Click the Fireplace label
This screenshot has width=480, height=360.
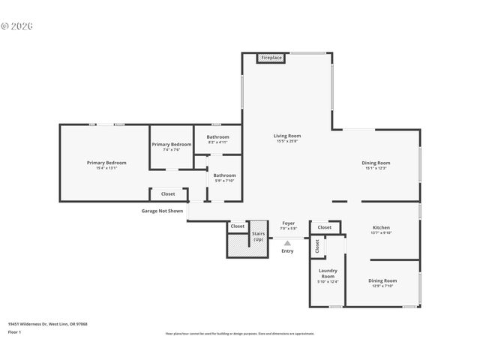[x=271, y=58]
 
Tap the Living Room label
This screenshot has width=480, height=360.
[x=287, y=138]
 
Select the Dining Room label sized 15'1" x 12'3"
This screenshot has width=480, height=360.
[x=376, y=165]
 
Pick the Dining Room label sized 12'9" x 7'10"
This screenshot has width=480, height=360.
[x=382, y=283]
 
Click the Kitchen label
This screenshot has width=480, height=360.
[x=381, y=229]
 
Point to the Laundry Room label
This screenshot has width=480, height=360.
[x=328, y=275]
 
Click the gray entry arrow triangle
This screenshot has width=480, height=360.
[x=287, y=242]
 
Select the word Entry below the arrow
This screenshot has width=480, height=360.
[x=287, y=250]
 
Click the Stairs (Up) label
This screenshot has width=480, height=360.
[x=258, y=235]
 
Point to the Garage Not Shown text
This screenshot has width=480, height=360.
[x=162, y=211]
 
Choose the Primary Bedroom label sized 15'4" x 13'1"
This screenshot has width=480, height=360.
[x=106, y=165]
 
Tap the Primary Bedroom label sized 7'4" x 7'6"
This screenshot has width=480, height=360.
[x=172, y=146]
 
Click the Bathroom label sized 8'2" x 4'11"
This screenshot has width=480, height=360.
[x=217, y=139]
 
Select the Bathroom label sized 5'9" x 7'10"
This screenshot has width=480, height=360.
[x=224, y=178]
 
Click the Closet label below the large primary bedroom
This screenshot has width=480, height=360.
[x=168, y=193]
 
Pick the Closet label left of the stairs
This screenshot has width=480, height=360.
[x=237, y=226]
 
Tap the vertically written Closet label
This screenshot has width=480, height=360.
[x=316, y=245]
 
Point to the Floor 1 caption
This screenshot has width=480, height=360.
[x=15, y=331]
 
